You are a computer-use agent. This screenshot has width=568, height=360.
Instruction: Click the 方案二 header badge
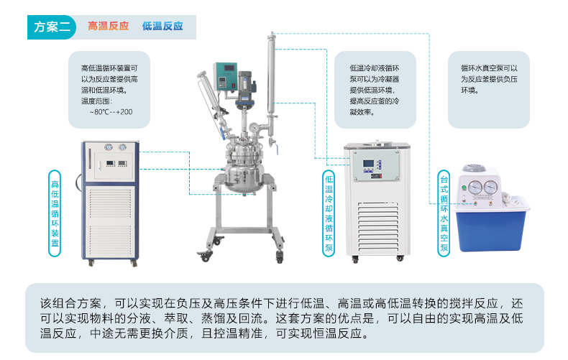point(51,27)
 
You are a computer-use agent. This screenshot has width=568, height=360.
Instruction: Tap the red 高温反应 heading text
point(108,27)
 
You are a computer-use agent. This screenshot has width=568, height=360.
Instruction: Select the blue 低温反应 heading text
point(162,27)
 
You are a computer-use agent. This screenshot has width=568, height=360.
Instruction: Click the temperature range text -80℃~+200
point(111,112)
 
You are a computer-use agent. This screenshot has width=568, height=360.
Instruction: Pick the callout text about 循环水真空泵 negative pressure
point(489,79)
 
